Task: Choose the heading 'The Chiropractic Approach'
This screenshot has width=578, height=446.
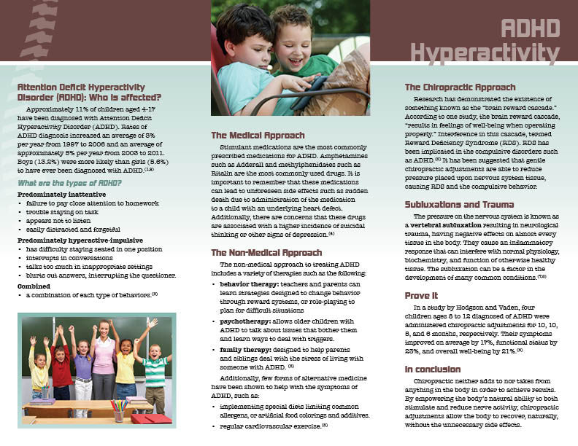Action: coord(461,87)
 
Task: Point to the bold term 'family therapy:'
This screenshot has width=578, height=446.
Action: coord(245,350)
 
